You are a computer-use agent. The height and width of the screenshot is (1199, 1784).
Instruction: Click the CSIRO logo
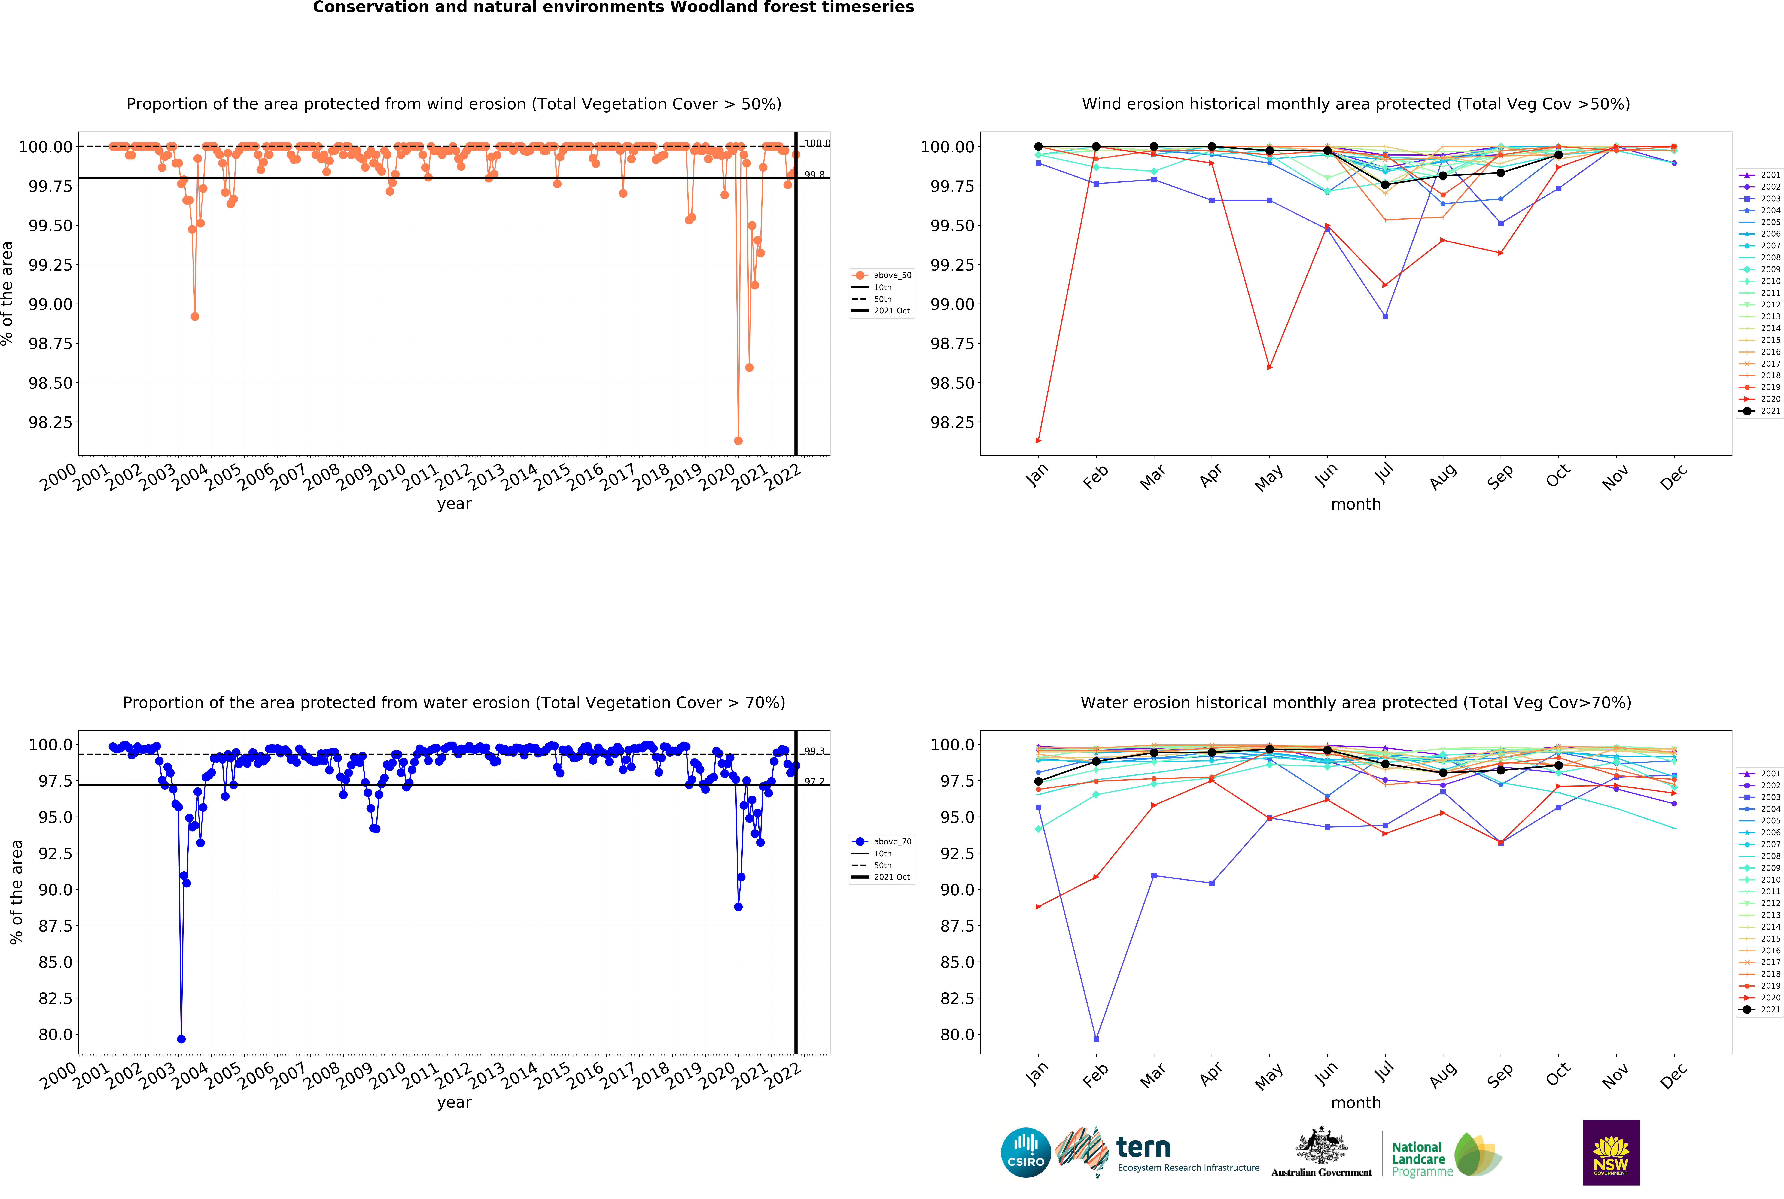point(1025,1152)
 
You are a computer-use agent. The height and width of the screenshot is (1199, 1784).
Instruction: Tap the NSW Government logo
point(1610,1152)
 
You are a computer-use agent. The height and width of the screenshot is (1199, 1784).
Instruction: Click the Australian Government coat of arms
point(1321,1145)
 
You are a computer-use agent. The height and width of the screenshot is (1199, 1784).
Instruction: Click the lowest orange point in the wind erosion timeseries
point(738,440)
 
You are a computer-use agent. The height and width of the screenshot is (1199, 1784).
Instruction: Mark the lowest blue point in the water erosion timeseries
point(181,1039)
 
